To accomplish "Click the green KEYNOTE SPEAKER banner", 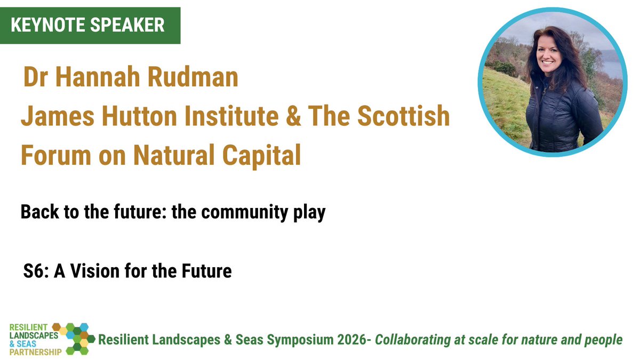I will [90, 25].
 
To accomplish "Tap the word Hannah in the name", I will [93, 78].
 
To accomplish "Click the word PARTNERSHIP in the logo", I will [32, 351].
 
